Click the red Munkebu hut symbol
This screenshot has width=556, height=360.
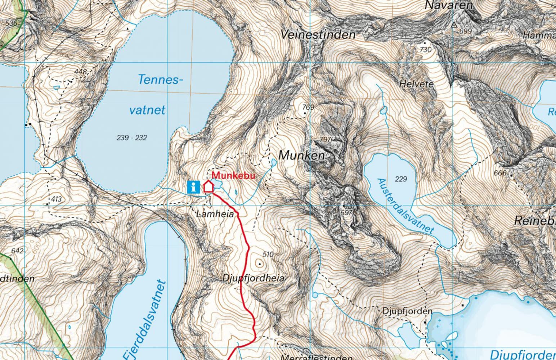point(208,186)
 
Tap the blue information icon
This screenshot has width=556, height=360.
point(194,187)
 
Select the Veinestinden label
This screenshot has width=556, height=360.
point(318,35)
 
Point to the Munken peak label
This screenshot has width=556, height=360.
point(301,156)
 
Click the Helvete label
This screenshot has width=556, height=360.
point(416,84)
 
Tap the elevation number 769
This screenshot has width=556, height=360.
point(308,107)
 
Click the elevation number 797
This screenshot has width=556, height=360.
point(325,139)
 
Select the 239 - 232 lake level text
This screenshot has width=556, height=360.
point(132,138)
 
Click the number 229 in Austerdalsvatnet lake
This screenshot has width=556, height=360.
point(400,179)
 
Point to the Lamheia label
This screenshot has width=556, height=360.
point(215,214)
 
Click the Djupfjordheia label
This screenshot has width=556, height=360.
point(253,278)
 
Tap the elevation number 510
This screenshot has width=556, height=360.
point(268,255)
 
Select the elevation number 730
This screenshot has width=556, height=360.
point(425,50)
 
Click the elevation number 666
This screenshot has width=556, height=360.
point(500,173)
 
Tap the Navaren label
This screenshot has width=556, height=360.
point(449,5)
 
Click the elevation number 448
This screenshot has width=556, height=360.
point(80,72)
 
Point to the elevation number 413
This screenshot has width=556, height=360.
point(57,199)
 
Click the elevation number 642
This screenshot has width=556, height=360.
point(17,251)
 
